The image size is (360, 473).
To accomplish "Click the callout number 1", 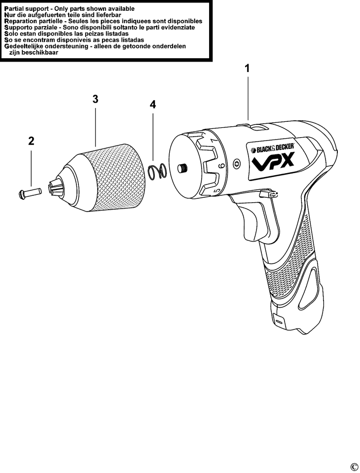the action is (247, 69).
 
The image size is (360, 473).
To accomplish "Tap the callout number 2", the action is (31, 141).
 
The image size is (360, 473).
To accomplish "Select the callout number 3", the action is (96, 99).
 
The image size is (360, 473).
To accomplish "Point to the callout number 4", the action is (153, 105).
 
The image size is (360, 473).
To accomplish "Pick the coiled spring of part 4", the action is (157, 172).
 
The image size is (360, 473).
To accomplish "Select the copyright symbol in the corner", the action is (354, 467).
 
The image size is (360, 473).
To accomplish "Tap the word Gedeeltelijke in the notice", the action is (30, 46).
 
